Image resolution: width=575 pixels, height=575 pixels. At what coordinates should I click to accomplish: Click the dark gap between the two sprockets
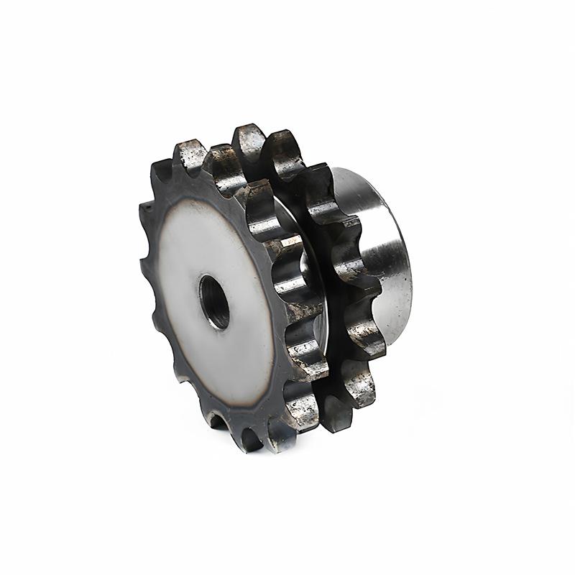[x=316, y=302]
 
